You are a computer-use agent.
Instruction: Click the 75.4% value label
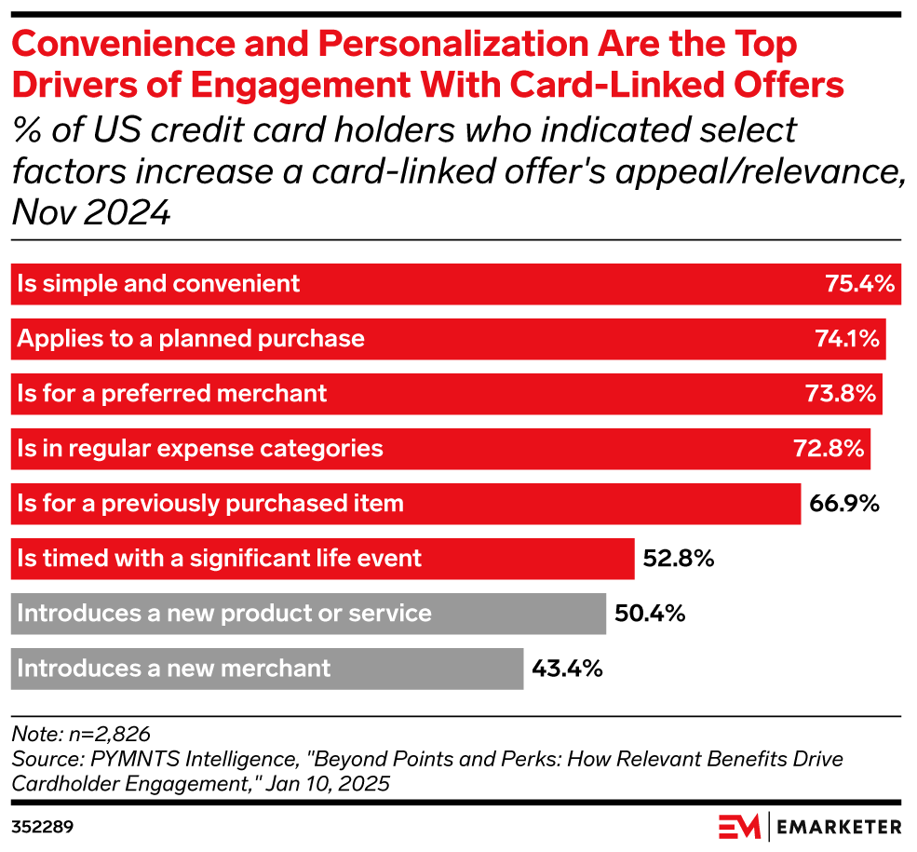[859, 284]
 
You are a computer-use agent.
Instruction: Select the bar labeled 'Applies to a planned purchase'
[447, 339]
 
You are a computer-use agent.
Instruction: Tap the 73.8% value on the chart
[841, 394]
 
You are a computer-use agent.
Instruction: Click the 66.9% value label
[844, 504]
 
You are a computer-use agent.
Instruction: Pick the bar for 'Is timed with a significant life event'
[322, 559]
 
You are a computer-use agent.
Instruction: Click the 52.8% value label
[678, 559]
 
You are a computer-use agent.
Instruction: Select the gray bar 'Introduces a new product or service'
[308, 614]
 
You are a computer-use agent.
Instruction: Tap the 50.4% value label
[650, 614]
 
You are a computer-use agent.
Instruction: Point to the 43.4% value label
[567, 669]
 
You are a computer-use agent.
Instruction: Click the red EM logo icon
[739, 826]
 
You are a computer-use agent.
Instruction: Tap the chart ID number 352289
[43, 826]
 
